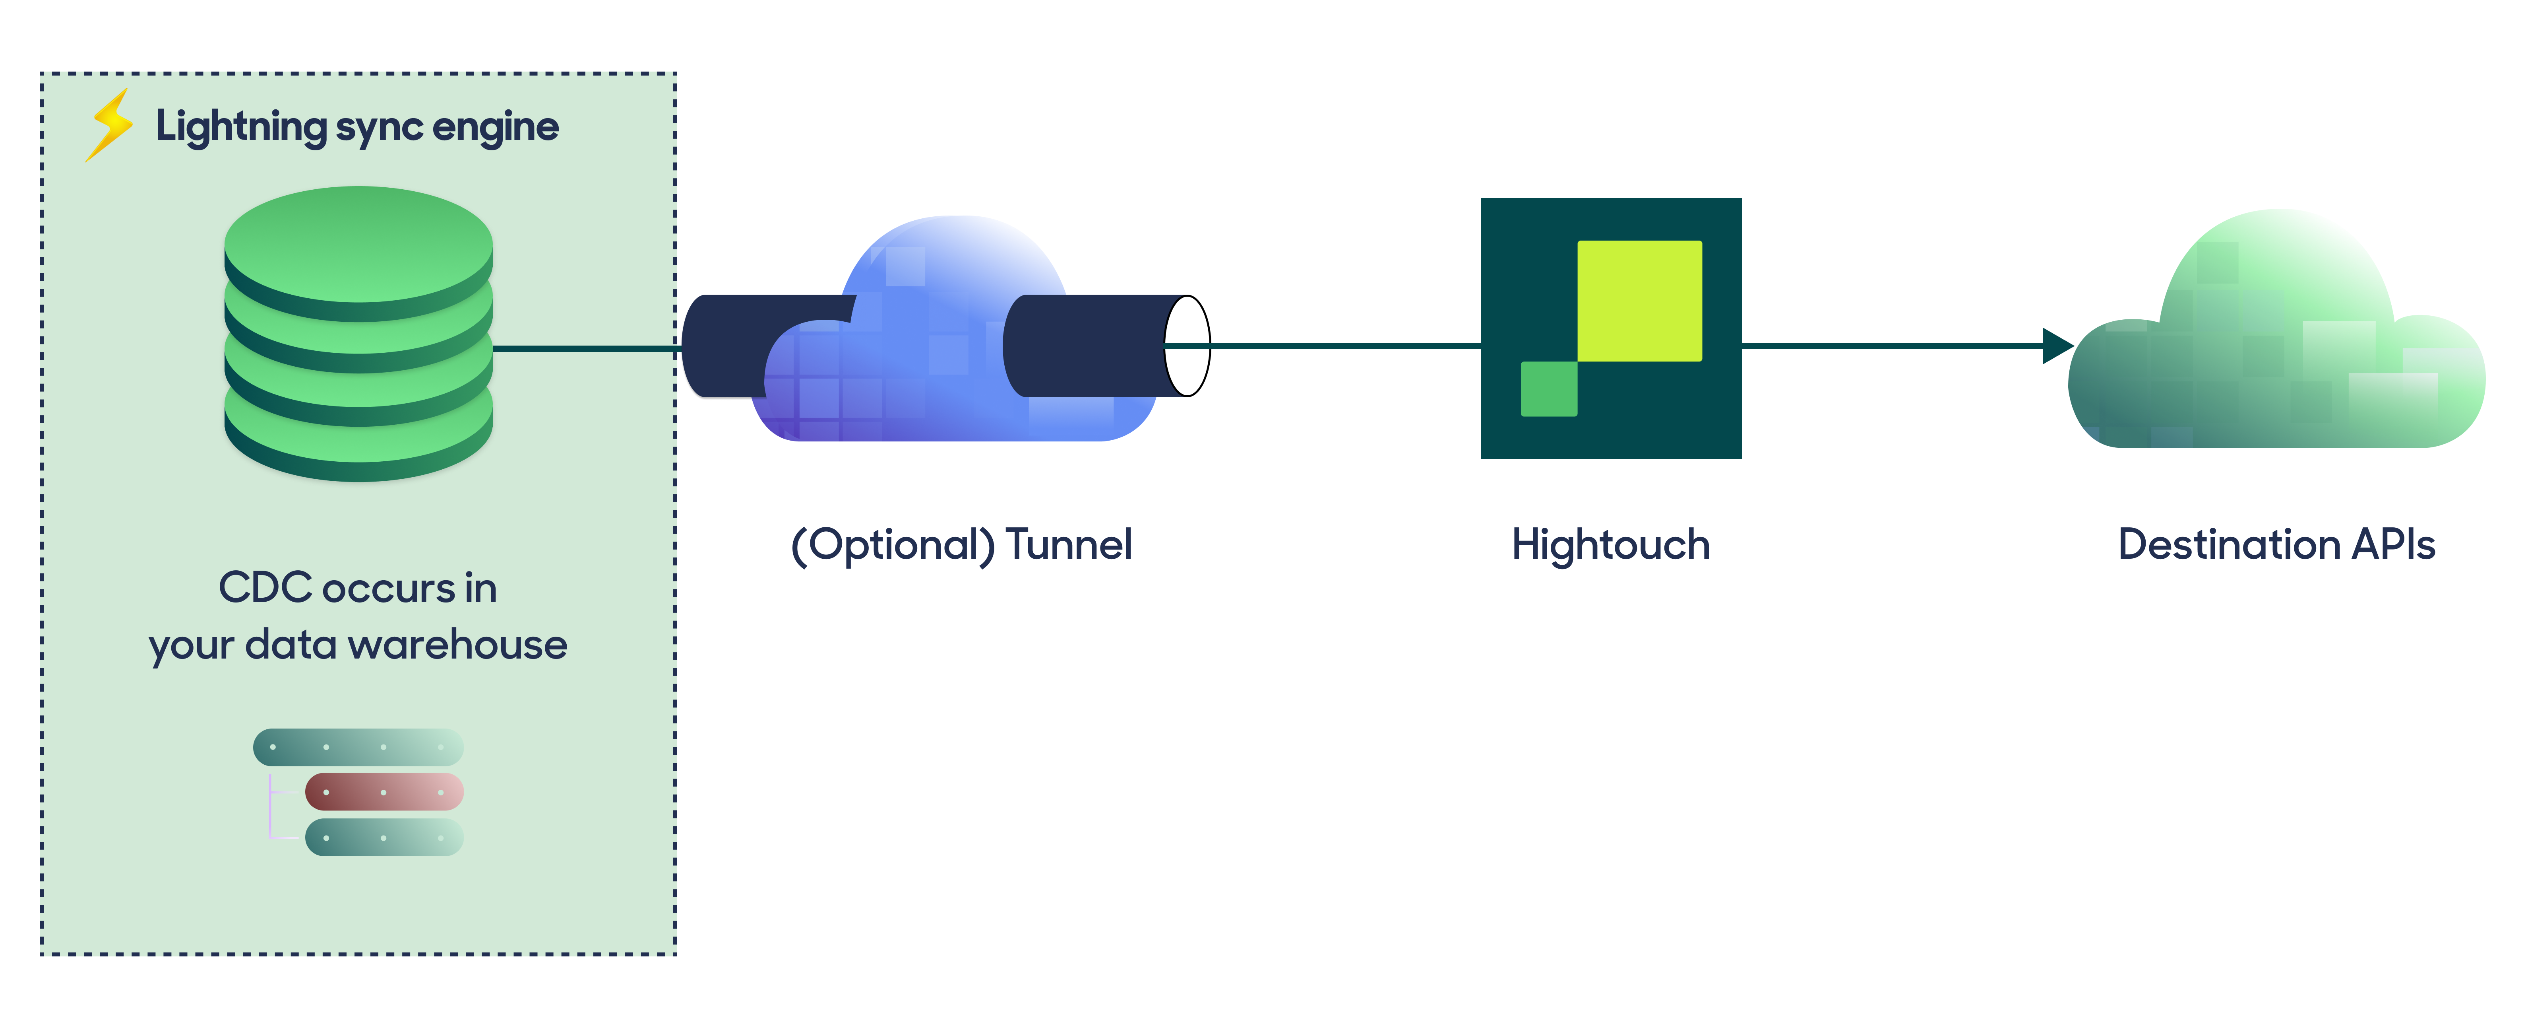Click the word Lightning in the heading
pos(240,128)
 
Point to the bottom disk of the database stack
pos(358,446)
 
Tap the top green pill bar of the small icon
pos(358,748)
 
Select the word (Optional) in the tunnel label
pos(892,545)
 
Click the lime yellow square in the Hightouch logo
pos(1639,300)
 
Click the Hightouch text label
pos(1610,545)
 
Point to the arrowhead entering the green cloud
pos(2056,345)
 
